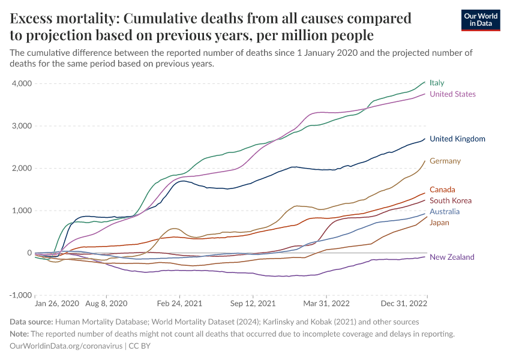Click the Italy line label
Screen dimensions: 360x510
click(437, 83)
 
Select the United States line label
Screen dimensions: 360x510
click(452, 94)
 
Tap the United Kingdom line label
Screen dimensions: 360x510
click(457, 139)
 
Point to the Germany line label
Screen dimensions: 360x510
click(445, 161)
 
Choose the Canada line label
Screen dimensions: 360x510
click(442, 190)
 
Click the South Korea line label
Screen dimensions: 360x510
click(451, 201)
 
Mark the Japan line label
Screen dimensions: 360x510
click(439, 223)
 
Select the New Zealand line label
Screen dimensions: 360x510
click(452, 257)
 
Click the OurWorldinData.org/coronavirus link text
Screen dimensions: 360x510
click(65, 346)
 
